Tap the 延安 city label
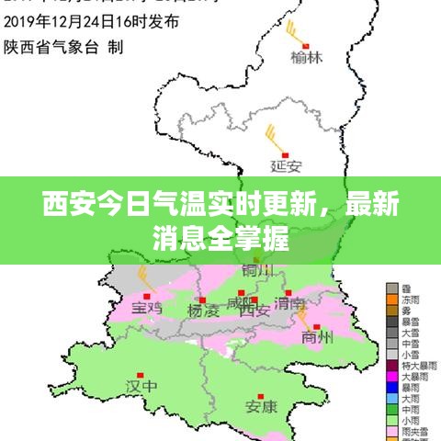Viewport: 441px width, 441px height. (287, 166)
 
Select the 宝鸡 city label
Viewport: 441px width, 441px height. (146, 308)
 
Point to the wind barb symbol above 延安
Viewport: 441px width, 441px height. (273, 138)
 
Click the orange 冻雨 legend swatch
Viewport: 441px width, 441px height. (391, 300)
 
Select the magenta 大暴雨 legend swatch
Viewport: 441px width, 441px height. (391, 376)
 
